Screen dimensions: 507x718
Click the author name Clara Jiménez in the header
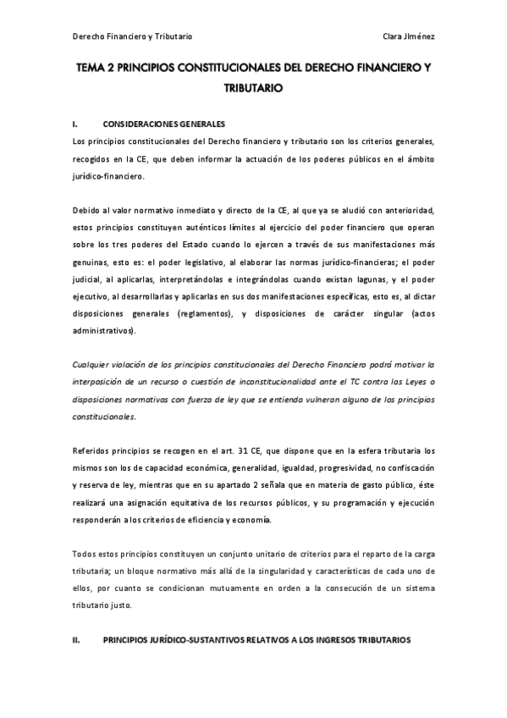[409, 36]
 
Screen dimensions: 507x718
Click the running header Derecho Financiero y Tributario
[133, 36]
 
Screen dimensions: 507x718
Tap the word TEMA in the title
[94, 73]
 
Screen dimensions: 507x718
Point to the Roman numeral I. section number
[75, 123]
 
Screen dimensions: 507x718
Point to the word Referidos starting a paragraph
[91, 450]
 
